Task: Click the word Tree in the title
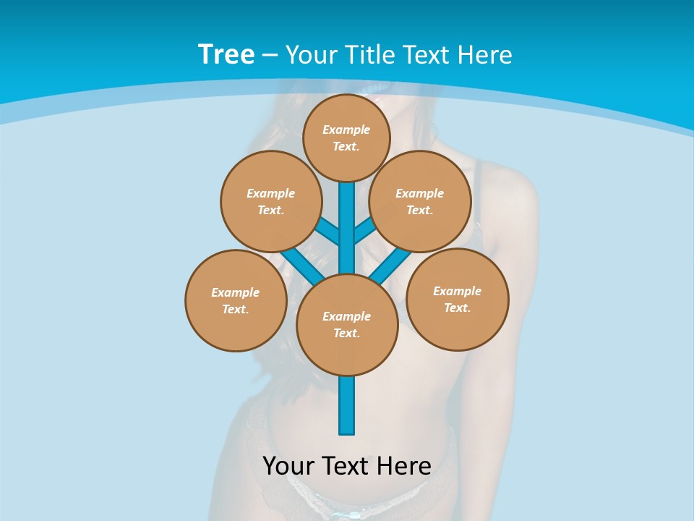tap(226, 54)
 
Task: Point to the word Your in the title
tap(312, 54)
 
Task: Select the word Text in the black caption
tap(346, 465)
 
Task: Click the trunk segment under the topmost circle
tap(347, 217)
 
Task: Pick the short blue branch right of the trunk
tap(364, 230)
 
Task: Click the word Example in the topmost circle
tap(346, 130)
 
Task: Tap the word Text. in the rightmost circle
tap(458, 308)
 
